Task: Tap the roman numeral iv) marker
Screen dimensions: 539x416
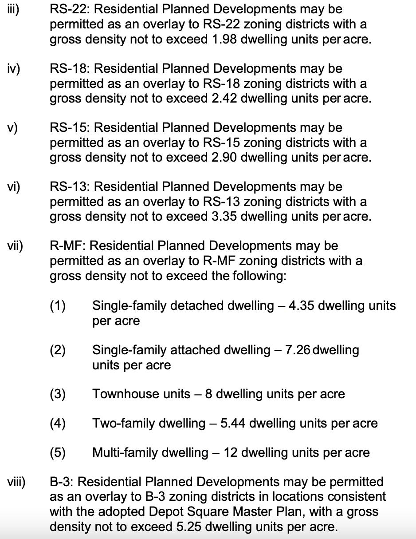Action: coord(14,69)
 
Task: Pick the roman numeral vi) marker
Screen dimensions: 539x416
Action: coord(14,187)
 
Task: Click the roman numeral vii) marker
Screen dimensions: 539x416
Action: coord(15,246)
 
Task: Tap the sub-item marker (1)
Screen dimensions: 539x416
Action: coord(58,306)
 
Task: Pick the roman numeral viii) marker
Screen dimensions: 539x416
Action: coord(16,482)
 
